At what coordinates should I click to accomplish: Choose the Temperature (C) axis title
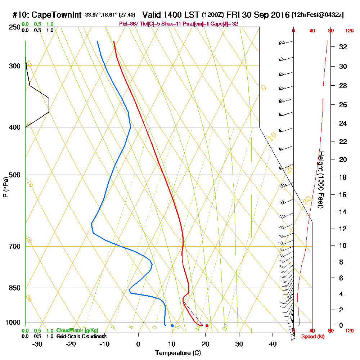click(178, 353)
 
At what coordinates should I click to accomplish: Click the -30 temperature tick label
click(37, 344)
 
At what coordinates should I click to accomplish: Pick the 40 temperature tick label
click(273, 344)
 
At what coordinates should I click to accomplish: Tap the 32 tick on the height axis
click(343, 47)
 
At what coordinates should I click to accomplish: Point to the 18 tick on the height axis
click(343, 177)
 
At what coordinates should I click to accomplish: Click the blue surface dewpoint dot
click(172, 326)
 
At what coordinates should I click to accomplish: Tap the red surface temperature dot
click(207, 326)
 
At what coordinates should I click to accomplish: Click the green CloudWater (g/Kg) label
click(77, 330)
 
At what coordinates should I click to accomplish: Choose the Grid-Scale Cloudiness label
click(81, 336)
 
